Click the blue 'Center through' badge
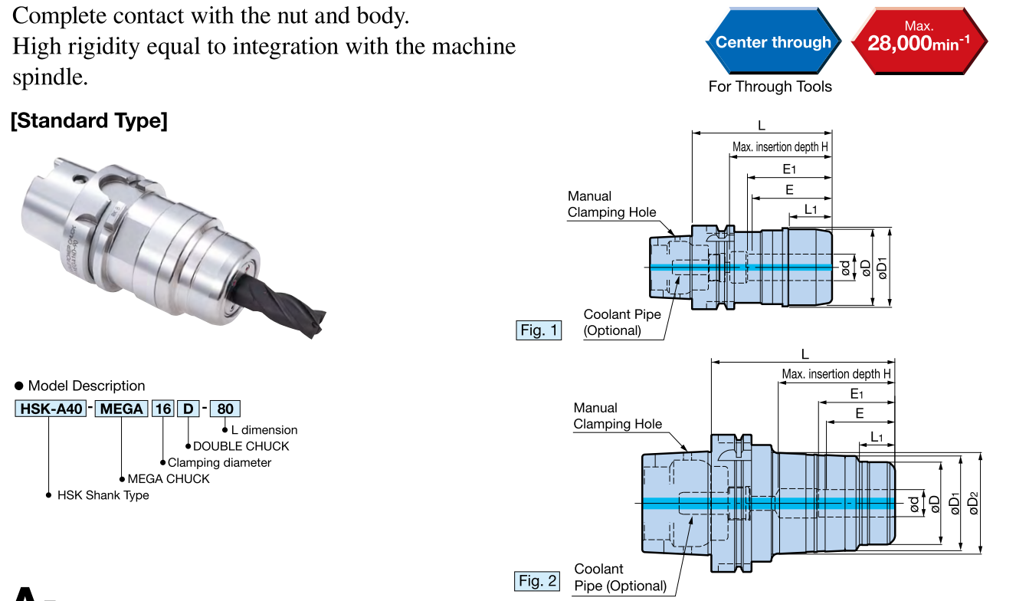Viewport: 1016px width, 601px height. tap(772, 42)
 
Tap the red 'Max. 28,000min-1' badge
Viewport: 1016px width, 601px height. tap(918, 41)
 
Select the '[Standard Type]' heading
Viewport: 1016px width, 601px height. tap(89, 121)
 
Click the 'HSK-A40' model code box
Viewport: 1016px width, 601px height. tap(51, 409)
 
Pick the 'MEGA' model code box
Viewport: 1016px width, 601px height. tap(122, 409)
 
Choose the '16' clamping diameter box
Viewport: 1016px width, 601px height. tap(162, 409)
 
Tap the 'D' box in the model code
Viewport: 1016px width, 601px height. tap(188, 409)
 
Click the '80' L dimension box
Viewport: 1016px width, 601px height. tap(225, 409)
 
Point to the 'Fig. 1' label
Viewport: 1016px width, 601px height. tap(539, 330)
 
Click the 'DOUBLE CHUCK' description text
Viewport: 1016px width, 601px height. tap(241, 446)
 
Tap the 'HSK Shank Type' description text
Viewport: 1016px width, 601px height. tap(103, 495)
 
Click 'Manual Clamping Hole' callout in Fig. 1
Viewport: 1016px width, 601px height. tap(611, 205)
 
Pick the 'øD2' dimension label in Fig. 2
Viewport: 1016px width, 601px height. tap(974, 502)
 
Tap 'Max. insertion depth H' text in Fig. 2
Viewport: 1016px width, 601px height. tap(836, 374)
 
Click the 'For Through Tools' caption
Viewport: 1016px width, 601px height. tap(769, 87)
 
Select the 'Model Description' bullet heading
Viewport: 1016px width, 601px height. tap(86, 386)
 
